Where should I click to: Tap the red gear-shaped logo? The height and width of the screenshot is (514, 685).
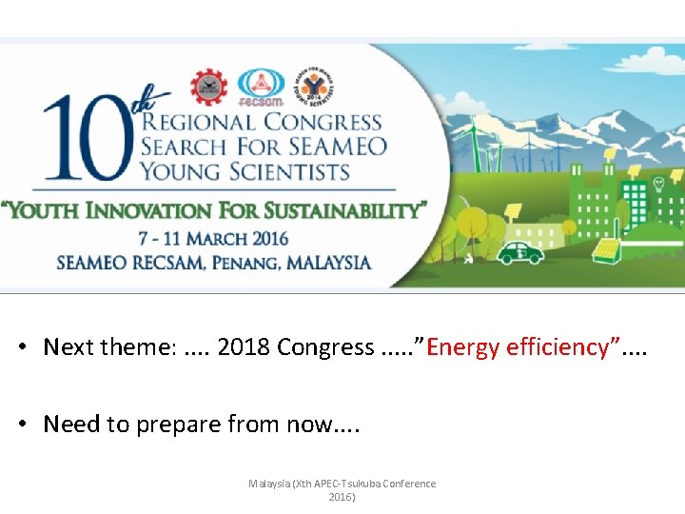point(209,87)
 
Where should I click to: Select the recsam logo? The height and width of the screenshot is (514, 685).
point(261,87)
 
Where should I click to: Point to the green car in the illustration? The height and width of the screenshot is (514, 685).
point(520,251)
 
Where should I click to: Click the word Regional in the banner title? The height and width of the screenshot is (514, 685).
point(199,123)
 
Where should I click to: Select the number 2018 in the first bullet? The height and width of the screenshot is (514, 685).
point(244,347)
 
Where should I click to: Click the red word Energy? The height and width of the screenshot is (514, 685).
point(462,347)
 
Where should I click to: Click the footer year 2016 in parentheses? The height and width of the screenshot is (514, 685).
point(342,497)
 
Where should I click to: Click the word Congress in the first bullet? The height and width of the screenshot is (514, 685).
point(325,347)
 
